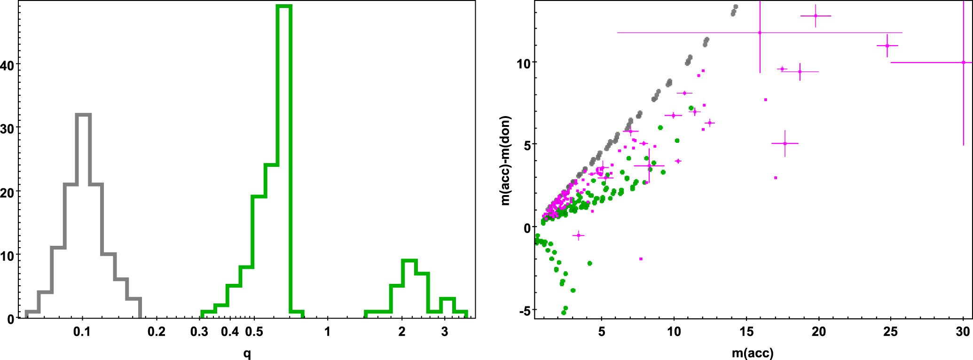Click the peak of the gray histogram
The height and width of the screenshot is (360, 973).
pos(83,115)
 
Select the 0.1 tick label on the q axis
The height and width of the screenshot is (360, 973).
pos(82,332)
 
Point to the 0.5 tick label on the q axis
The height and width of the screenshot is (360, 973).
pos(254,332)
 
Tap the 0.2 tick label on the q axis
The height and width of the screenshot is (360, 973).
pos(157,332)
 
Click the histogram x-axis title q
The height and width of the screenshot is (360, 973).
pos(247,352)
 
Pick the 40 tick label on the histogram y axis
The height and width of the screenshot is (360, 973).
pos(7,65)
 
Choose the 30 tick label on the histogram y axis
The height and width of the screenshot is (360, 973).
pos(7,128)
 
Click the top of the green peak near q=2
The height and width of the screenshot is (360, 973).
pos(409,260)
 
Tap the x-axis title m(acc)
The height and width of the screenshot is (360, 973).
pos(753,352)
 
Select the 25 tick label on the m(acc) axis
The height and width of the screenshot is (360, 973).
pos(890,332)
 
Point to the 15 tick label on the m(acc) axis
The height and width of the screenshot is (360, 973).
pos(746,332)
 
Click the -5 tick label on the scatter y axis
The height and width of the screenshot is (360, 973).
pos(524,311)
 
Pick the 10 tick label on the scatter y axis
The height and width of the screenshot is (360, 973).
pos(523,63)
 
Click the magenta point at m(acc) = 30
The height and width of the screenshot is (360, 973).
pos(963,63)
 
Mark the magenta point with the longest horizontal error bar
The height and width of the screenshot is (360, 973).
pos(760,33)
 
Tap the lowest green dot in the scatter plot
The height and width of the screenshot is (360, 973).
pos(564,313)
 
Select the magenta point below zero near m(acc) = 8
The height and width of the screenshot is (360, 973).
pos(641,259)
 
